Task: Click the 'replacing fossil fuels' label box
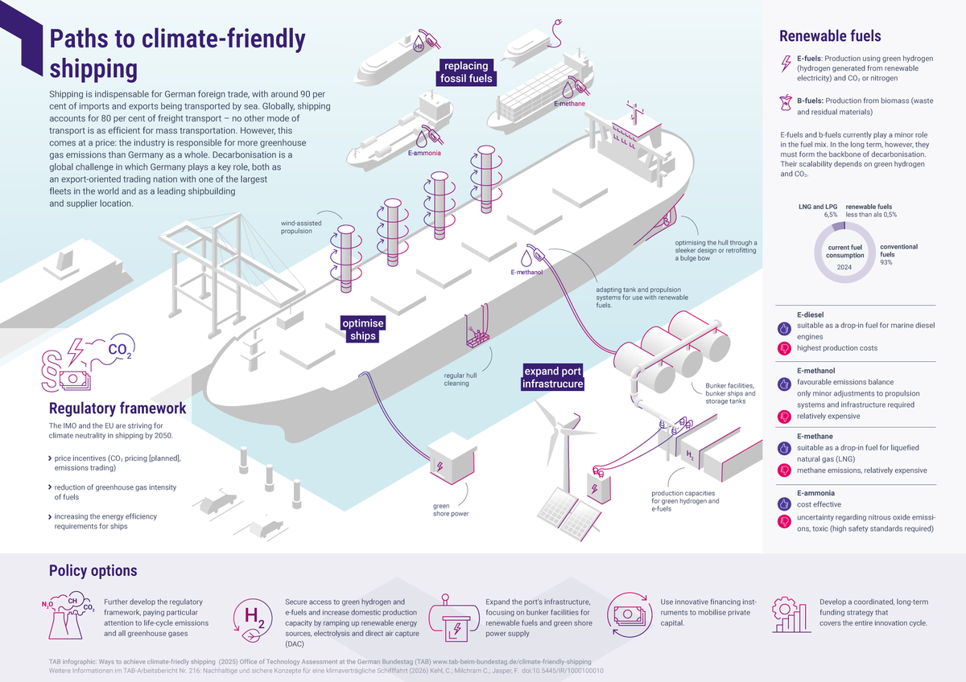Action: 466,72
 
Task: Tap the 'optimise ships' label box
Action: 362,329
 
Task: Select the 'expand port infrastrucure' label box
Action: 552,378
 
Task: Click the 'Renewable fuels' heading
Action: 830,36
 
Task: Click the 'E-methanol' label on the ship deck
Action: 526,273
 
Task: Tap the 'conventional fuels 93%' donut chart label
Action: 898,254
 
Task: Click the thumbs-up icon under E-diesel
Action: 784,328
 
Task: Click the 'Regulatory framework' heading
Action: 118,408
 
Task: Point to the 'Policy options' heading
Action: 93,571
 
